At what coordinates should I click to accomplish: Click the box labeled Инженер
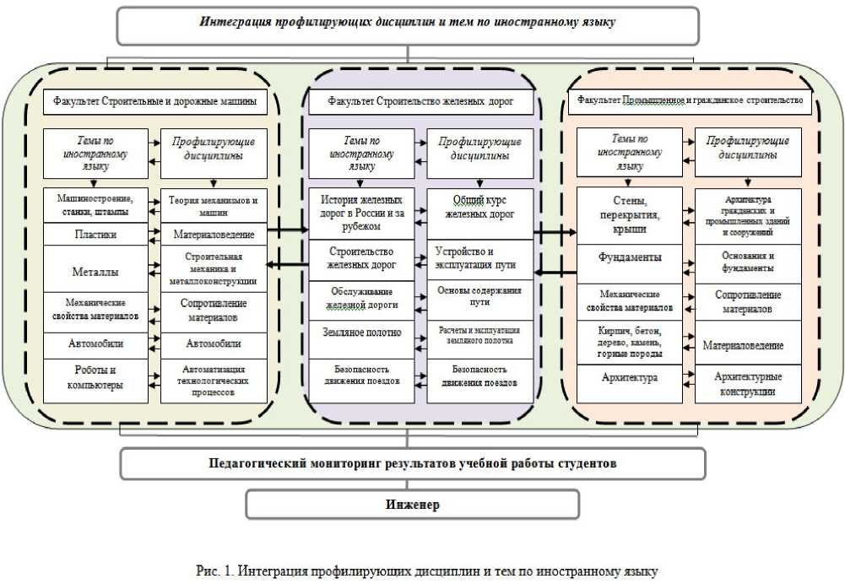[x=413, y=505]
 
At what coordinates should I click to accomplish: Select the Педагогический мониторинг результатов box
[x=413, y=463]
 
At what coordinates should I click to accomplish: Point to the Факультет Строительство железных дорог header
[x=421, y=103]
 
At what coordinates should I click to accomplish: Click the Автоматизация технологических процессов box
[x=213, y=379]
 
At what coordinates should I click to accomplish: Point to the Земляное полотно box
[x=361, y=333]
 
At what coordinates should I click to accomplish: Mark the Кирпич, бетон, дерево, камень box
[x=630, y=342]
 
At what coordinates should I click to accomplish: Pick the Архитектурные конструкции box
[x=747, y=384]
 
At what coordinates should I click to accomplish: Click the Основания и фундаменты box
[x=747, y=261]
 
